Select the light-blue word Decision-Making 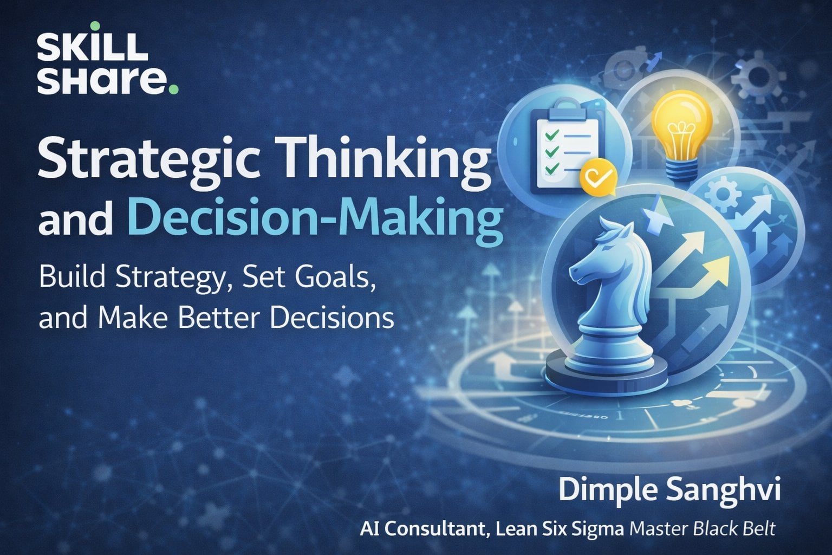click(315, 220)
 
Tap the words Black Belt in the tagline click(734, 529)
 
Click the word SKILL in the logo click(93, 47)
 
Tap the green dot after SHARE click(173, 89)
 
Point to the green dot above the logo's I click(95, 26)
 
